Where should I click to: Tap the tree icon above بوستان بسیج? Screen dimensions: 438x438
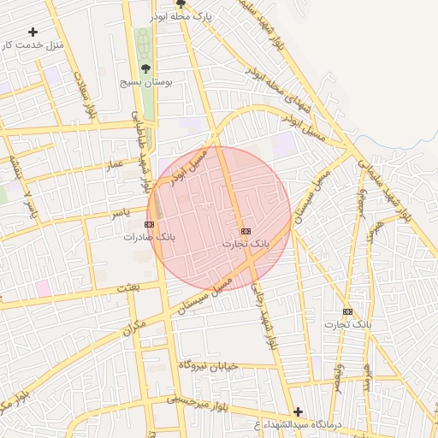(145, 68)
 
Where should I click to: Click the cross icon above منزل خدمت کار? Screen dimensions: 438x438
(33, 32)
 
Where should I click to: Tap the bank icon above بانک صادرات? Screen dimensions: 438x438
(151, 224)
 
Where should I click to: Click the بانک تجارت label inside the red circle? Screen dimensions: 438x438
(246, 244)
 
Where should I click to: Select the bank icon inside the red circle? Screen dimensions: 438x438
(246, 231)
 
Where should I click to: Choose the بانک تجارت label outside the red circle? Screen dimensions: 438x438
(348, 324)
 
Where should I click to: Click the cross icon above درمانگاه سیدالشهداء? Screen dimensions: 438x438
(298, 411)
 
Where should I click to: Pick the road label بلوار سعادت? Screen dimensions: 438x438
(88, 102)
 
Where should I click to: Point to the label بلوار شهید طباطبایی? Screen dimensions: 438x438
(139, 137)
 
